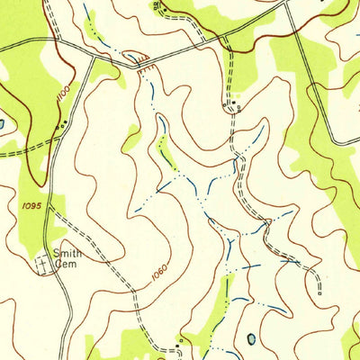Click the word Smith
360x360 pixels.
[67, 254]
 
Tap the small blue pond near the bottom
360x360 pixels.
[251, 339]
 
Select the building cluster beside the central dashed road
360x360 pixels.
[230, 103]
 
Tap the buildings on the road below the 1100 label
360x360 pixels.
[60, 127]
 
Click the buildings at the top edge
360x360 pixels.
[157, 5]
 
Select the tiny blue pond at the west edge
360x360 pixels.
[2, 123]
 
